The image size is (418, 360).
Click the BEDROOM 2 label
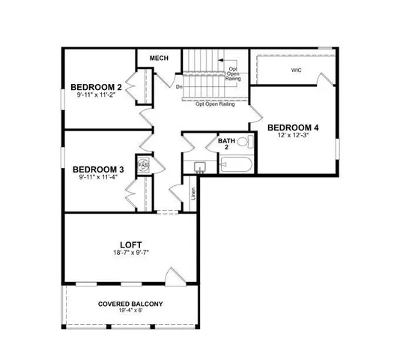click(x=97, y=86)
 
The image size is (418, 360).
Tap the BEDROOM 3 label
click(x=97, y=169)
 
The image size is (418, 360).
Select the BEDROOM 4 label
click(x=293, y=127)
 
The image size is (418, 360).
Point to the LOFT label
click(x=130, y=244)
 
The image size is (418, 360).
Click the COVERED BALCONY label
click(x=130, y=304)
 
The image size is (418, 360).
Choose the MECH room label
click(x=159, y=58)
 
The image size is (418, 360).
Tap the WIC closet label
click(x=297, y=70)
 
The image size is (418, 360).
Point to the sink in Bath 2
click(x=200, y=166)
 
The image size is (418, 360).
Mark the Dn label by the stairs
click(x=179, y=86)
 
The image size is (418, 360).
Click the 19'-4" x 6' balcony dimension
click(x=130, y=313)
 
